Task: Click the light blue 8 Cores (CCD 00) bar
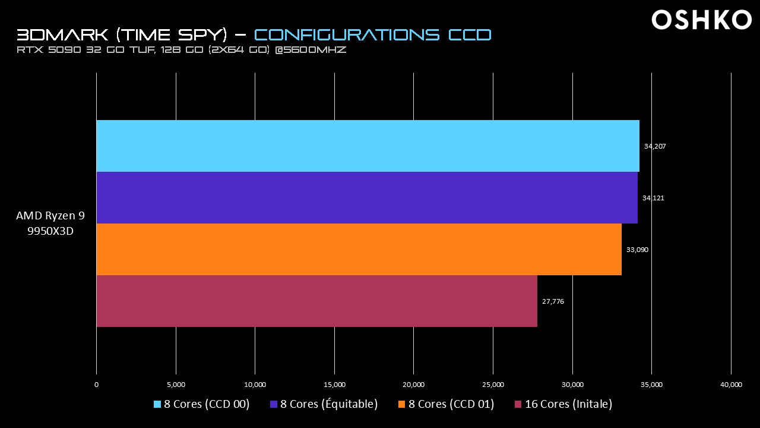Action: (368, 146)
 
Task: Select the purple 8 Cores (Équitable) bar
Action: (367, 197)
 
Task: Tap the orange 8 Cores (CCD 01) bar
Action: (359, 249)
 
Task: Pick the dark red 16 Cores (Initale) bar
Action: (316, 301)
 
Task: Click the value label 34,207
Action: (654, 146)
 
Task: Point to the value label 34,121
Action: (653, 198)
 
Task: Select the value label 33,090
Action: (637, 250)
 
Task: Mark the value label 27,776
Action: (553, 301)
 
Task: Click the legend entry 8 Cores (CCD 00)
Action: (202, 404)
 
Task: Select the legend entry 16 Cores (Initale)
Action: (563, 404)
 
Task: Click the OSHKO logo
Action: (702, 20)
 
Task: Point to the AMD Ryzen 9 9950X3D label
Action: (50, 224)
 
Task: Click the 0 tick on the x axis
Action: (97, 385)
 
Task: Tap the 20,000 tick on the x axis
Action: (414, 385)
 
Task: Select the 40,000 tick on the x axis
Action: (731, 385)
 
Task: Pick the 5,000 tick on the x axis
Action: (176, 385)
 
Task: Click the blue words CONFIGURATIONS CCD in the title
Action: (373, 34)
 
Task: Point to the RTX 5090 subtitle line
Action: (182, 50)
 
